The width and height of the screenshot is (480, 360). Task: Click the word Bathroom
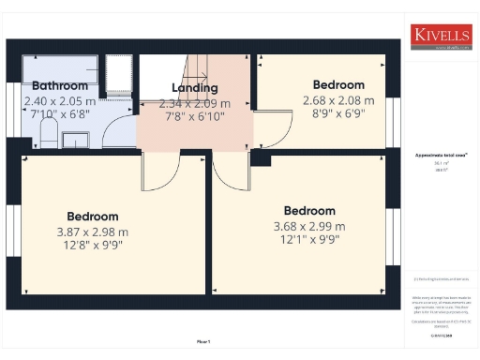[x=59, y=86]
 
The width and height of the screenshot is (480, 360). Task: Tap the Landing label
[x=195, y=88]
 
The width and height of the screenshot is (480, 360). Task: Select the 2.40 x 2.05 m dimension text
[x=59, y=100]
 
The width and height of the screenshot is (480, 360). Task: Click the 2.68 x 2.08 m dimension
[x=338, y=100]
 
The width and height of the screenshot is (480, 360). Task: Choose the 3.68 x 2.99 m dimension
[x=309, y=226]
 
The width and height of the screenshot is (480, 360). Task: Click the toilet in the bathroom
[x=75, y=140]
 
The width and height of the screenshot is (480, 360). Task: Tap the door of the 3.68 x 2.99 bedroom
[x=230, y=171]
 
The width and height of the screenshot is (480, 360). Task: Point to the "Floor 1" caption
[x=203, y=342]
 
